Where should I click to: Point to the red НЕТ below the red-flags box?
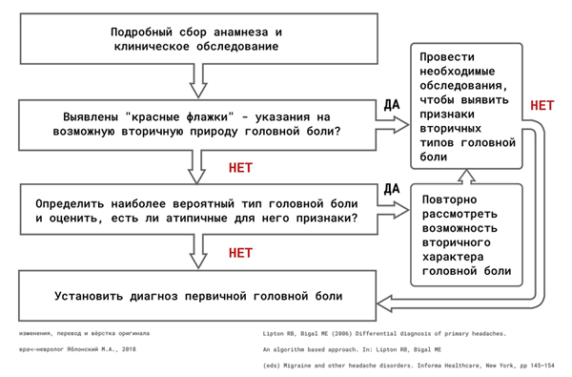(241, 167)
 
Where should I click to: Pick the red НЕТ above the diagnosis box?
(241, 253)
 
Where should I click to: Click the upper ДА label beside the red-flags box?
(390, 104)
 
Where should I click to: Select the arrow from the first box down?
(197, 79)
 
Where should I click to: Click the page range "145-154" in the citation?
(541, 367)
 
